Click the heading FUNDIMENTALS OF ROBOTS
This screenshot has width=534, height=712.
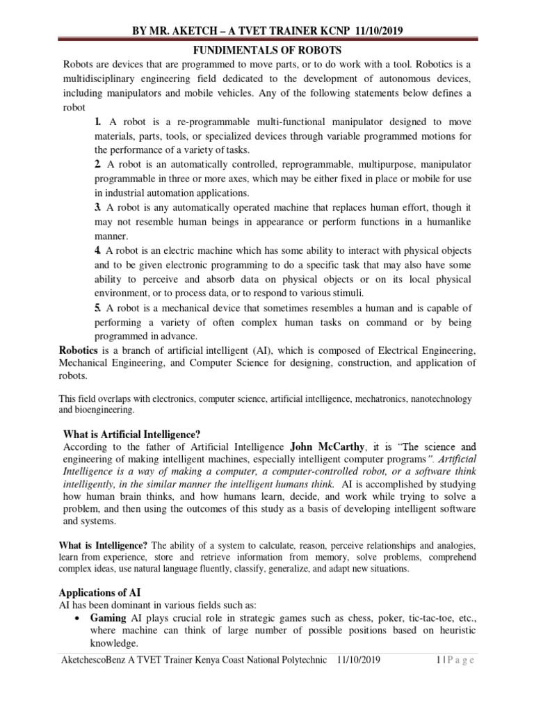click(268, 51)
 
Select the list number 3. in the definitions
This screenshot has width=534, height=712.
click(98, 207)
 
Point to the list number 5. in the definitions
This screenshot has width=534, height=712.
click(98, 308)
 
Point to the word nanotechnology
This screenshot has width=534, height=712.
click(431, 399)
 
